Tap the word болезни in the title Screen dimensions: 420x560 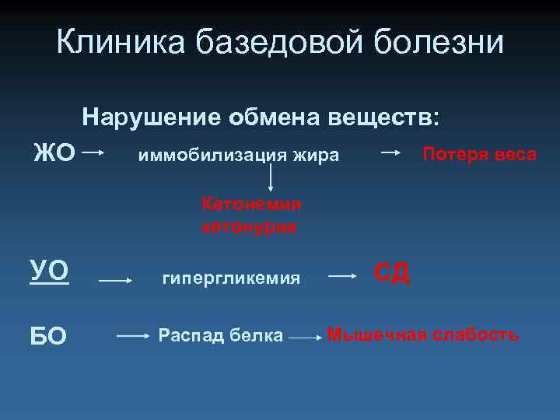440,42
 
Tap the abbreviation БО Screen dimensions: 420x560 48,336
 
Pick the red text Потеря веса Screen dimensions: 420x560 479,154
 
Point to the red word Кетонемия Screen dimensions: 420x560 250,204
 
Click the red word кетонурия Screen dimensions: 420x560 249,227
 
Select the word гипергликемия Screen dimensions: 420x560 230,278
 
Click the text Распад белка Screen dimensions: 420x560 221,336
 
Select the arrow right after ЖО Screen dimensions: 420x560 94,153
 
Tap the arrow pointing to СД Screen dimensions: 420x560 343,275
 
